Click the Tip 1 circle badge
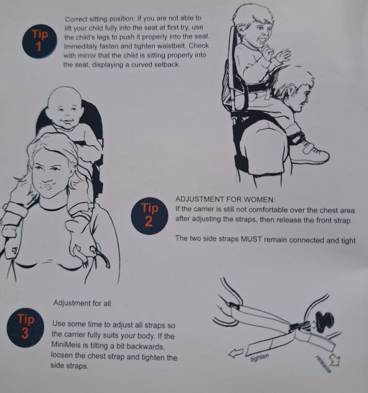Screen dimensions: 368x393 tap(39, 41)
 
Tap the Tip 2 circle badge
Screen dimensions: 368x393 tap(149, 215)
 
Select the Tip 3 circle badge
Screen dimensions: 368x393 tap(25, 327)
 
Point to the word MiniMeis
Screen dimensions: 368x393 tap(66, 345)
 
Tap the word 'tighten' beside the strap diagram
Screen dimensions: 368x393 tap(259, 357)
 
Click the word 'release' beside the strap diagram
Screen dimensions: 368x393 tap(323, 364)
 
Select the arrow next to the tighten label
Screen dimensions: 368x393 tap(236, 353)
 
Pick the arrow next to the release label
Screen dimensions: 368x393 tap(334, 359)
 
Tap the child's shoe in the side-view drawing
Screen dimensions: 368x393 tap(311, 154)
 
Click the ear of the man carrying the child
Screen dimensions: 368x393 tap(291, 90)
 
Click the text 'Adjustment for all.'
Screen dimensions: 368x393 tap(83, 303)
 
